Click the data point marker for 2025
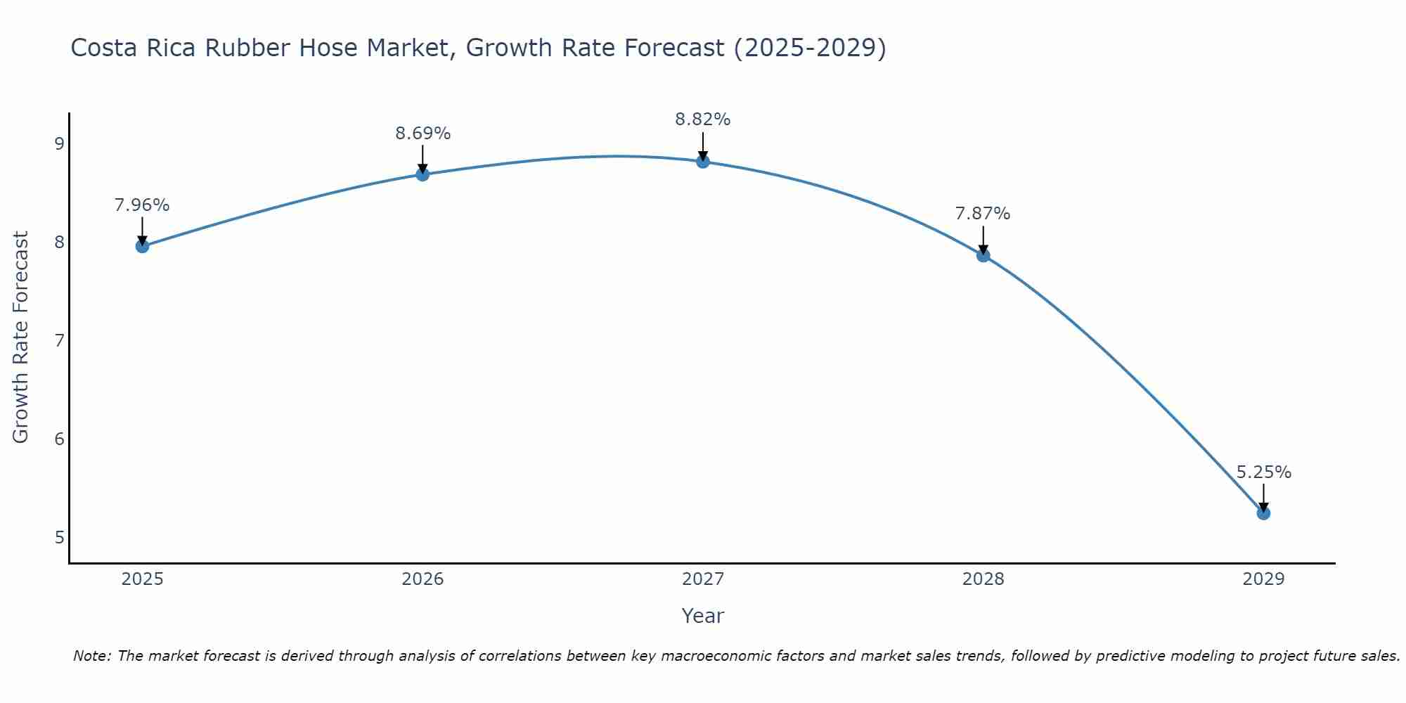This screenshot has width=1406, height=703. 142,246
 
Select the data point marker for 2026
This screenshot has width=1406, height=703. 423,174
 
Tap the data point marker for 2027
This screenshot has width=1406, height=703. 703,162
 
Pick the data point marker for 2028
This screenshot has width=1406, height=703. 983,255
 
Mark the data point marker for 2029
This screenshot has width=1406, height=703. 1263,513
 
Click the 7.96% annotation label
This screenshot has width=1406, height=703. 142,205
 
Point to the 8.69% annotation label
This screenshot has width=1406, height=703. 423,134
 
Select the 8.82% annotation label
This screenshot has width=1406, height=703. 703,120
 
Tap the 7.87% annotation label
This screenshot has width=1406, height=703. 983,214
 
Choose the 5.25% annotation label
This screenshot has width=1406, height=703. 1263,472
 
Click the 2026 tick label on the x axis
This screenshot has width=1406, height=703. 423,579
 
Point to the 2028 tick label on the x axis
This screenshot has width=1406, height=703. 983,579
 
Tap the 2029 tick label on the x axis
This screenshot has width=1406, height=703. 1263,579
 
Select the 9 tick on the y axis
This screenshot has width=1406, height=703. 59,144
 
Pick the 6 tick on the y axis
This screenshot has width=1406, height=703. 59,439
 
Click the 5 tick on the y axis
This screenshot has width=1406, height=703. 59,538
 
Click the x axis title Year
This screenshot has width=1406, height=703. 702,616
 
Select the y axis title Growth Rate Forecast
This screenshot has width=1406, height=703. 21,337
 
